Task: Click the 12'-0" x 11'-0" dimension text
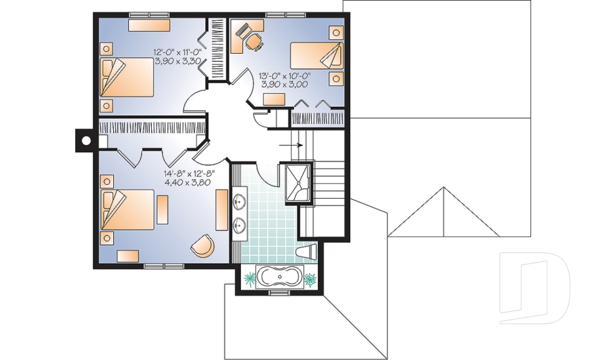point(178,53)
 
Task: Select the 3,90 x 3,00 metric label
point(284,84)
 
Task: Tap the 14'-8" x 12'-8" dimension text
point(190,173)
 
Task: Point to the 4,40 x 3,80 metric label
point(188,182)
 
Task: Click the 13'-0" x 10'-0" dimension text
point(284,75)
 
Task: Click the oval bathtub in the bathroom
point(278,278)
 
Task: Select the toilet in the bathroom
point(307,252)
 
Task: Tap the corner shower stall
point(296,184)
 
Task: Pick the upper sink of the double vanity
point(239,202)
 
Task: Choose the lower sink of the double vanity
point(239,225)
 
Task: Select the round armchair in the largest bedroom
point(202,245)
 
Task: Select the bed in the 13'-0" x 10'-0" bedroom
point(317,56)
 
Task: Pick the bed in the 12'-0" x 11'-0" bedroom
point(127,76)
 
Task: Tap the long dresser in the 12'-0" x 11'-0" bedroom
point(149,25)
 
